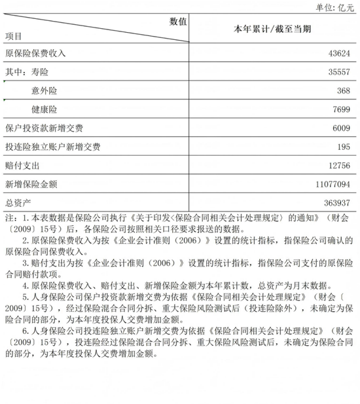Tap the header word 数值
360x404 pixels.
pos(178,21)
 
